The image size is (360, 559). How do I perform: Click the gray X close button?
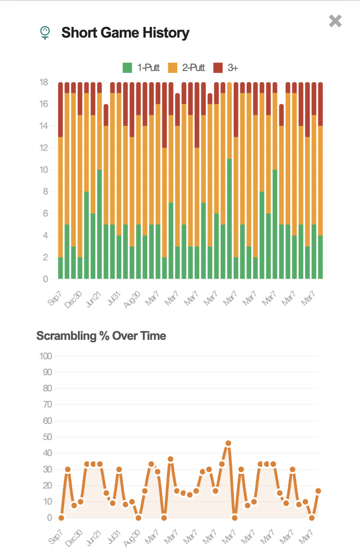click(x=335, y=21)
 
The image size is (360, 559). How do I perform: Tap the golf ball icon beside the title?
click(x=45, y=33)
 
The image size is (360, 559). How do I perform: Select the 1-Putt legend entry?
click(x=141, y=68)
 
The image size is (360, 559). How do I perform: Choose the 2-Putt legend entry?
click(x=186, y=68)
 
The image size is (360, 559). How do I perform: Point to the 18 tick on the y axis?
click(x=44, y=83)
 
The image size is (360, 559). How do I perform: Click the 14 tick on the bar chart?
click(x=44, y=126)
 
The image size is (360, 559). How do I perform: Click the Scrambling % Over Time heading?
click(x=101, y=336)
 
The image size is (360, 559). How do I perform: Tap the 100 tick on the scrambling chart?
click(x=45, y=356)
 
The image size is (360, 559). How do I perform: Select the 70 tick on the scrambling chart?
click(x=46, y=404)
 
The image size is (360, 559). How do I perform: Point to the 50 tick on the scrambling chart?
click(x=46, y=437)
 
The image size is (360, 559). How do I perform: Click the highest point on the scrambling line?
click(x=228, y=443)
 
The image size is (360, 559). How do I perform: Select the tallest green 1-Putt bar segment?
click(x=229, y=218)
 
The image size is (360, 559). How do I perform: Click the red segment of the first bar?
click(x=60, y=110)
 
